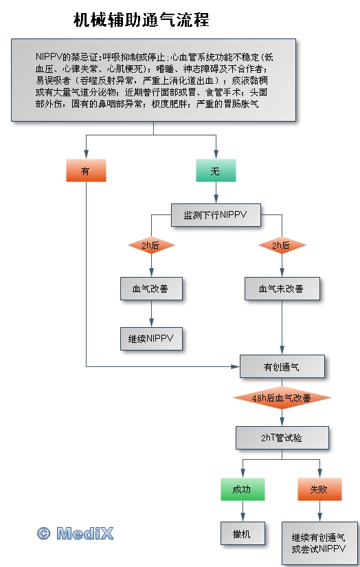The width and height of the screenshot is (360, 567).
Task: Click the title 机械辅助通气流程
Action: coord(142,19)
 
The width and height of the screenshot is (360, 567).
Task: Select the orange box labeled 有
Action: coord(86,170)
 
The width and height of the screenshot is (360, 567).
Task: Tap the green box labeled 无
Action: coord(216,170)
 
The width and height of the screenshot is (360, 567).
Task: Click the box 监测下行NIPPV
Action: coord(216,215)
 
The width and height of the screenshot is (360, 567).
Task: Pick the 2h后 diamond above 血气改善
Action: coord(151,245)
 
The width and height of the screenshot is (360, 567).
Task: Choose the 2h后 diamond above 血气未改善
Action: coord(282,245)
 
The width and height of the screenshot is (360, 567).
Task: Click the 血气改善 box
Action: coord(151,289)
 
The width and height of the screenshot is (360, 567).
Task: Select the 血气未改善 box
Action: coord(282,289)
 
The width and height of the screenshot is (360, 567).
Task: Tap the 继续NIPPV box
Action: coord(151,338)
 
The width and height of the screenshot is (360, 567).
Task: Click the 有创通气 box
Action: coord(282,367)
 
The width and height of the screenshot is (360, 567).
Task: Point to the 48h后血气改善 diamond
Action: coord(282,398)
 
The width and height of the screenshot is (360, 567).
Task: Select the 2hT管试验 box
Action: coord(282,438)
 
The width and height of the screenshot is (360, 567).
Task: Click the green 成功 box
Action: coord(243,489)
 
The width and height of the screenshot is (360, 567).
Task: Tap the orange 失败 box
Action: coord(319,489)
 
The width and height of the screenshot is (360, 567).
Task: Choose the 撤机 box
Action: coord(243,533)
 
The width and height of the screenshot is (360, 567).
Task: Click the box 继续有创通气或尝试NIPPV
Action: coord(319,543)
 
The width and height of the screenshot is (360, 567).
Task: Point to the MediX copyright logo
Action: coord(75,533)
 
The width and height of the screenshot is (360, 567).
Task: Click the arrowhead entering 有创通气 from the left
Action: coord(236,367)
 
